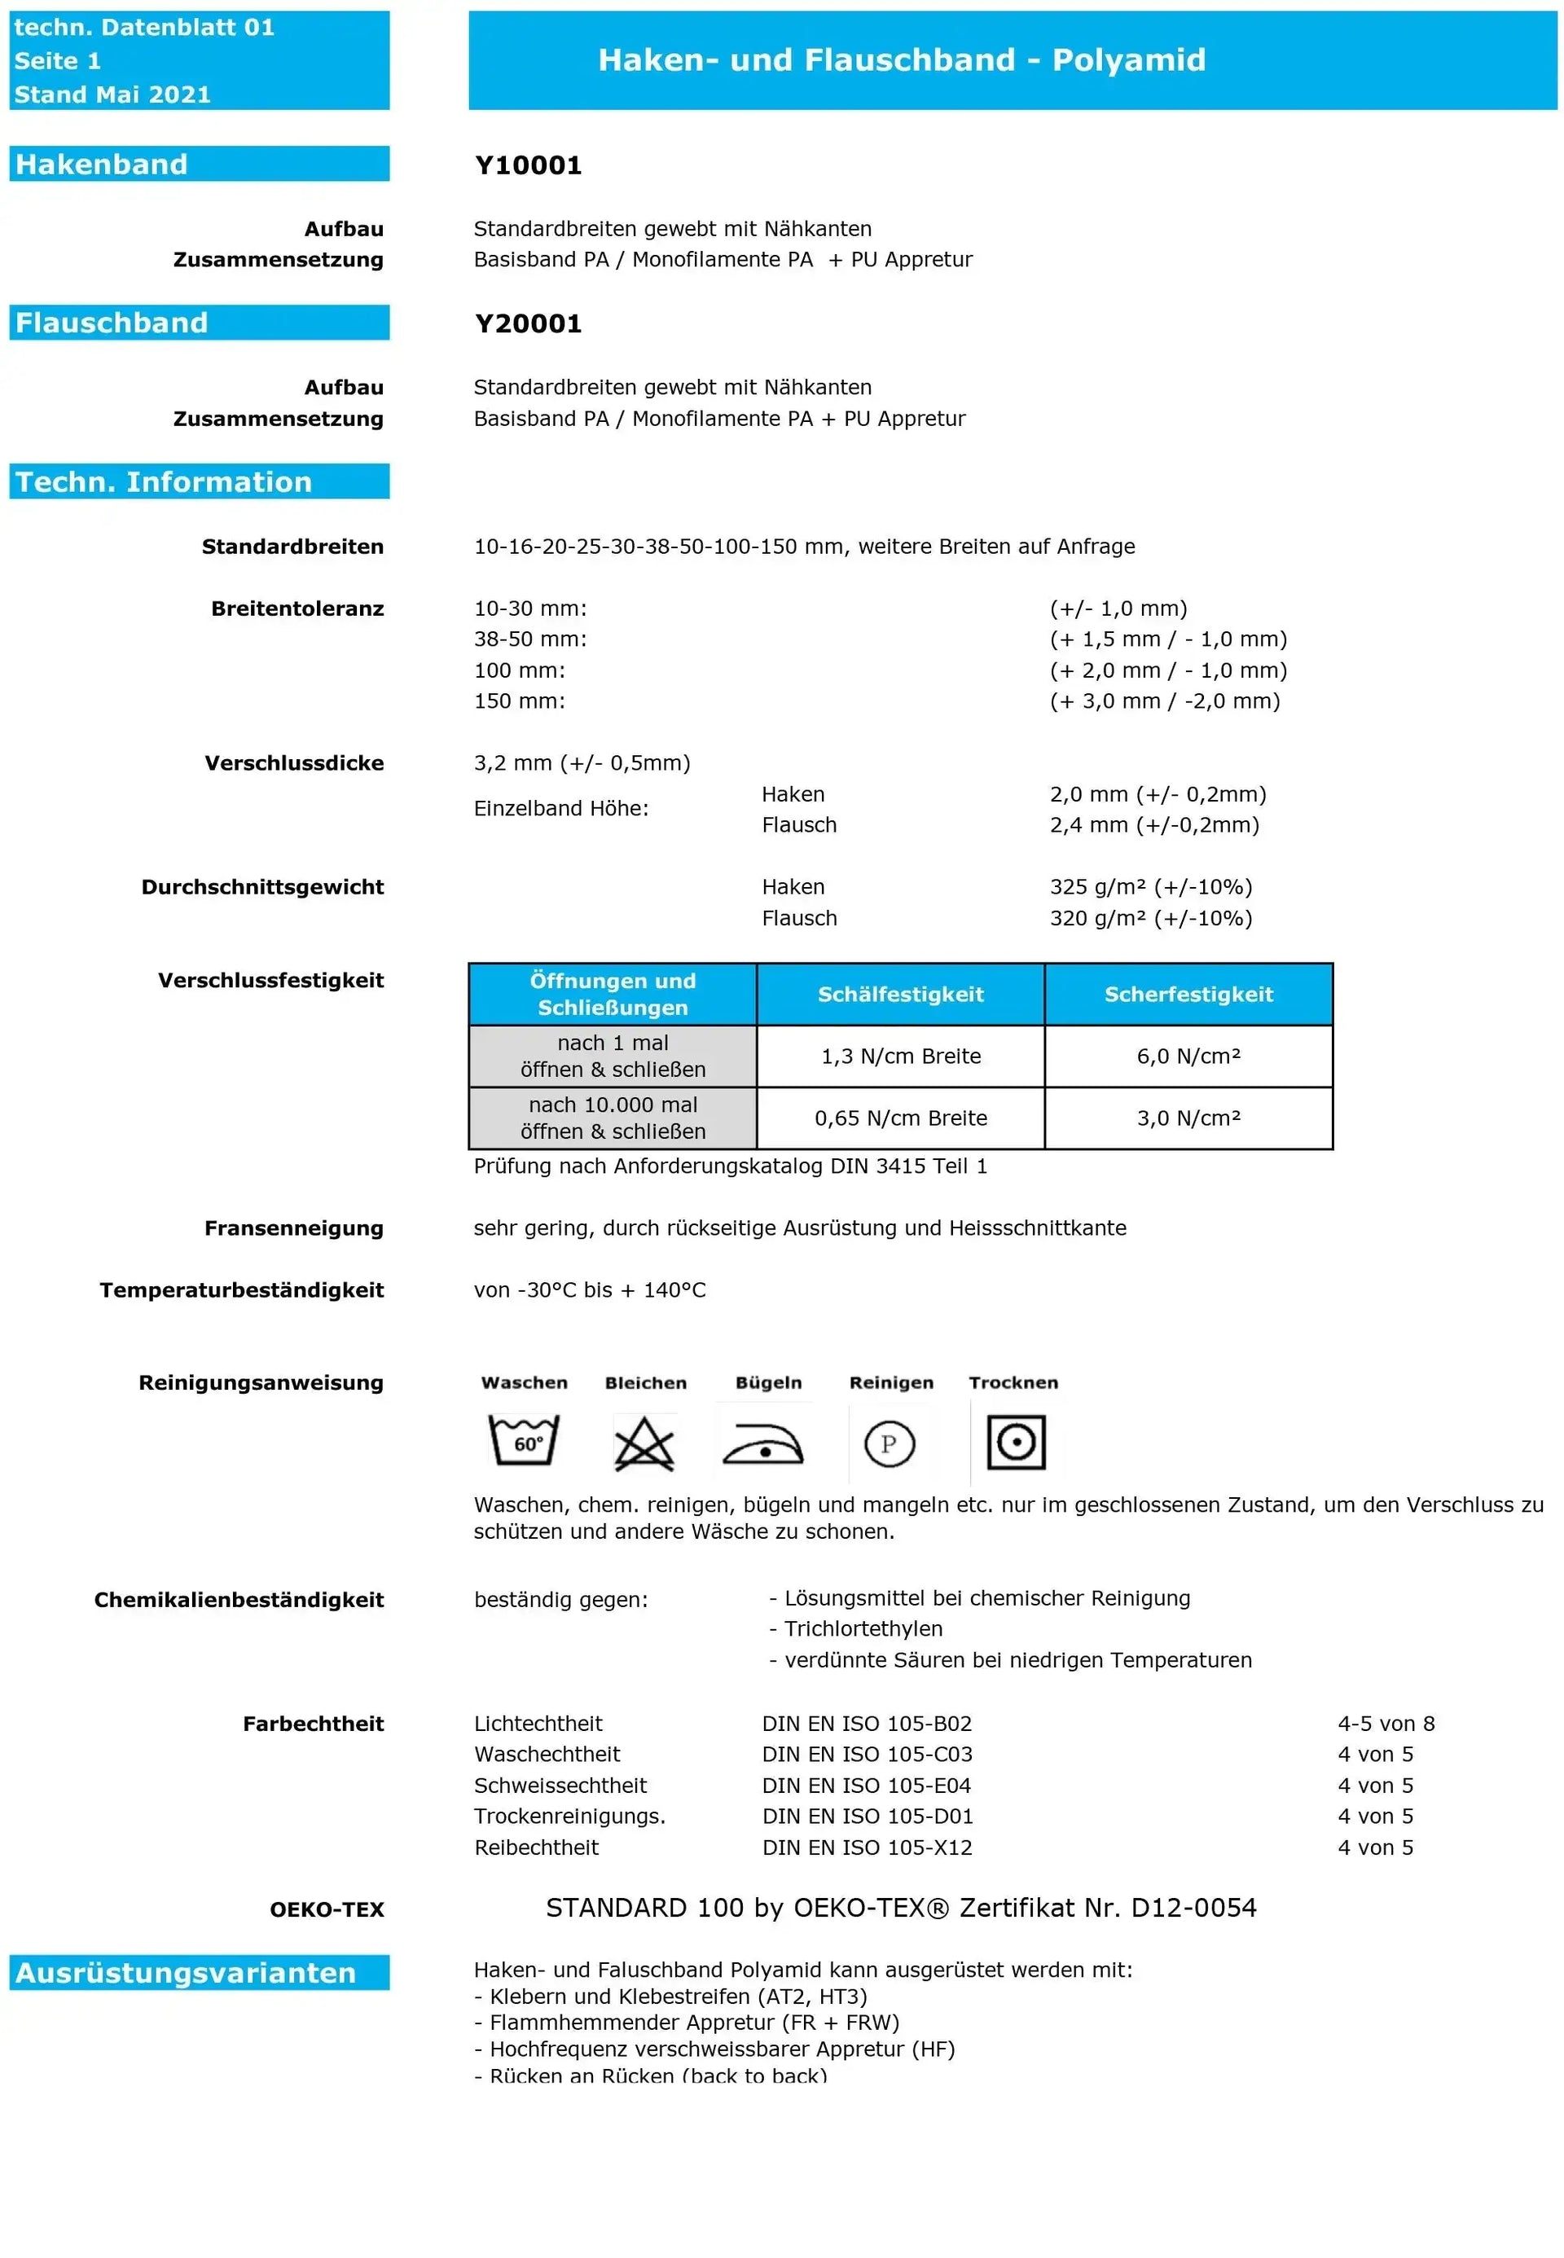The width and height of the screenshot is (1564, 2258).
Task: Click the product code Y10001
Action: point(528,165)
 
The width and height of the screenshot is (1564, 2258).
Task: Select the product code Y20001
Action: point(528,323)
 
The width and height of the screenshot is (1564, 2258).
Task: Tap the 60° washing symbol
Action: point(525,1441)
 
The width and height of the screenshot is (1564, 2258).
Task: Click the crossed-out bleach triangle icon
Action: point(644,1443)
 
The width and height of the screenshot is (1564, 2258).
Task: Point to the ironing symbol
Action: point(763,1443)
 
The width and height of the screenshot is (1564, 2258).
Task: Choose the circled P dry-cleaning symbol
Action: point(889,1443)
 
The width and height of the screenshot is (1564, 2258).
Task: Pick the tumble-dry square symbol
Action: point(1015,1442)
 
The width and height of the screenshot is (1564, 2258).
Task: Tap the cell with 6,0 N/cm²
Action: point(1188,1056)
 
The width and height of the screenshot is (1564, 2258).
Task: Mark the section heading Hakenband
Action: point(102,164)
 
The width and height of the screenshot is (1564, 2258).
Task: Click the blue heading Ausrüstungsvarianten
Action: point(187,1972)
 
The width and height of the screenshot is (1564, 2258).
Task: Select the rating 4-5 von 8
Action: point(1386,1723)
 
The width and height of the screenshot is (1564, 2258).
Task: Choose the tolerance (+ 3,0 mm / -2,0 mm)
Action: point(1164,701)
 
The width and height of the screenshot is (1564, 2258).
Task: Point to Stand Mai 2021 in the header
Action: point(112,94)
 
